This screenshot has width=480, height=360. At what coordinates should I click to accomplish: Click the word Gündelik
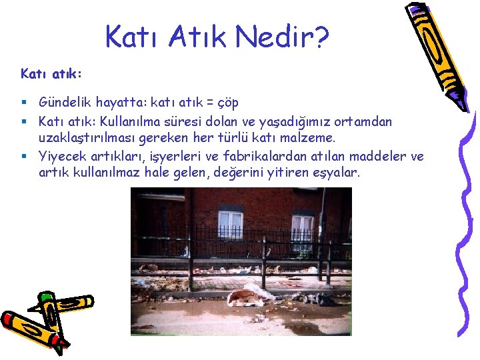[x=65, y=103]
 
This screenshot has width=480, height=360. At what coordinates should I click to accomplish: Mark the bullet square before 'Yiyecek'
[x=23, y=157]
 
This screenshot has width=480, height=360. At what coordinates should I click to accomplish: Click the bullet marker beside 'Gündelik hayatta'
[x=23, y=103]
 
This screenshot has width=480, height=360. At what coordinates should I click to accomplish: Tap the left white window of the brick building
[x=231, y=225]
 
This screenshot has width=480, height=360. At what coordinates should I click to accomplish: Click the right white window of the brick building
[x=302, y=229]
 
